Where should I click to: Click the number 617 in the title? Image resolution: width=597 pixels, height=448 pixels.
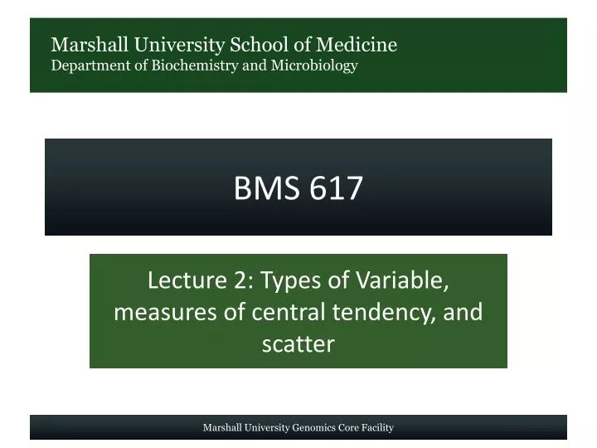coord(337,189)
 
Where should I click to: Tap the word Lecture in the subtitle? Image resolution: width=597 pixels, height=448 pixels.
coord(182,280)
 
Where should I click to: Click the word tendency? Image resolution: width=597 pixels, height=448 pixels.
coord(388,312)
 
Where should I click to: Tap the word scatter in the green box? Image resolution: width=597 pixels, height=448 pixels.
coord(298,343)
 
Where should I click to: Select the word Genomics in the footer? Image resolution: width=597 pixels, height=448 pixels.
coord(313,428)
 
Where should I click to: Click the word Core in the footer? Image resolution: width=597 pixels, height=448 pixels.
coord(350,428)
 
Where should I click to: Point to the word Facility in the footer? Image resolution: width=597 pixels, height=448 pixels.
coord(378,428)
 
